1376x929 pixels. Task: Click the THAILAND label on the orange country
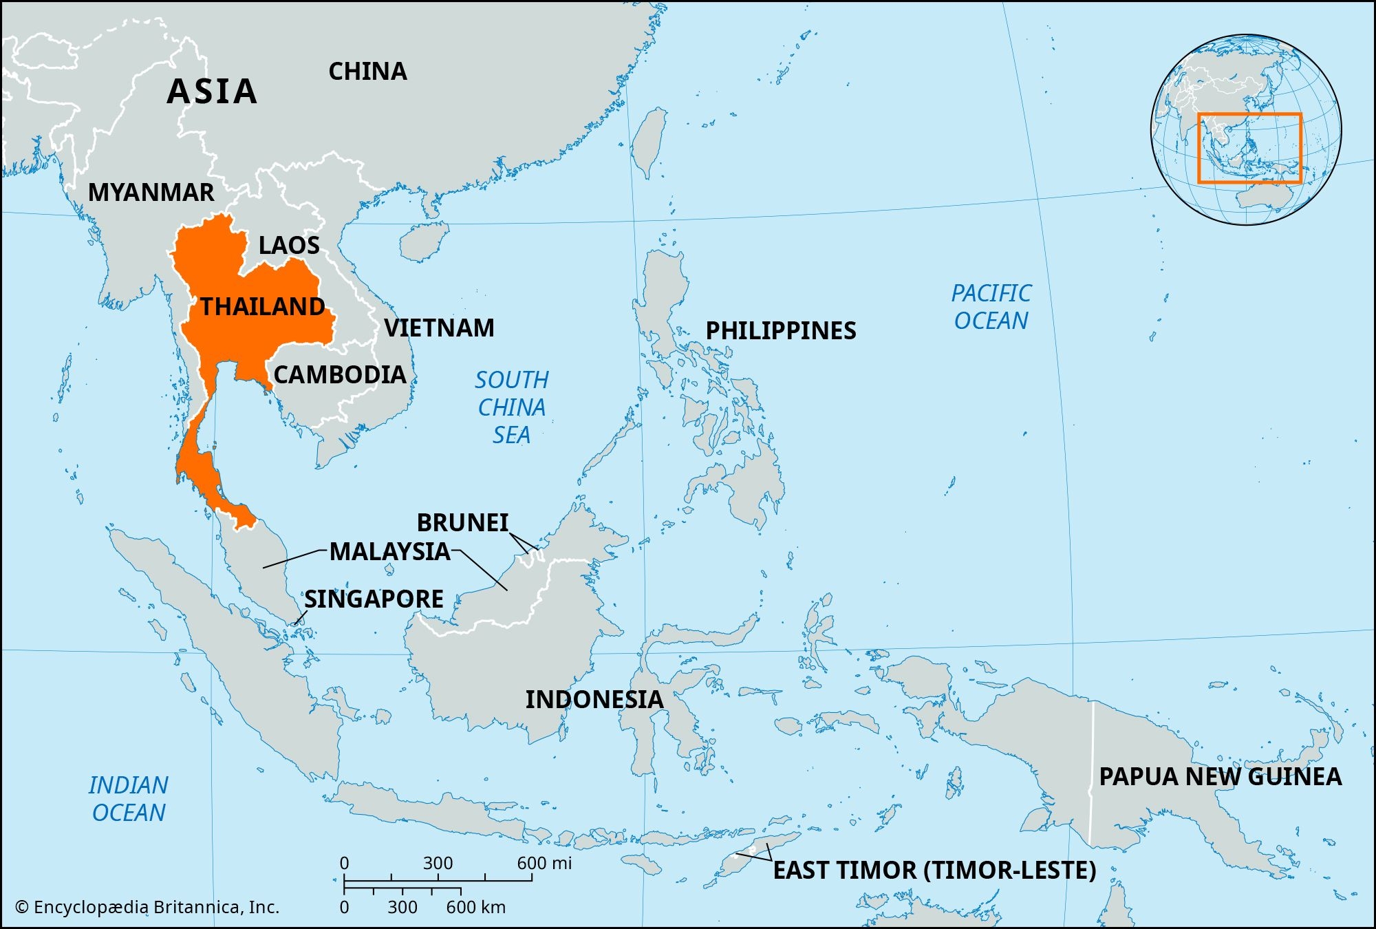click(x=262, y=306)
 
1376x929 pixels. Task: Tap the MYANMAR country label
click(x=151, y=193)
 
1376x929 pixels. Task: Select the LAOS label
click(x=289, y=246)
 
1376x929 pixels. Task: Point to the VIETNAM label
click(x=439, y=328)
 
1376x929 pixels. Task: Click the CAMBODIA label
click(x=340, y=375)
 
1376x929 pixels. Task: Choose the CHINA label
click(x=367, y=72)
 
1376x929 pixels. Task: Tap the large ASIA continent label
click(x=212, y=92)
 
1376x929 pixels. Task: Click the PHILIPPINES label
click(x=781, y=331)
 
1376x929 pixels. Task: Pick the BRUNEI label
click(x=462, y=523)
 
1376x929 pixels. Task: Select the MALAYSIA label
click(x=389, y=552)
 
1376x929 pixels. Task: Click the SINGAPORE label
click(x=374, y=599)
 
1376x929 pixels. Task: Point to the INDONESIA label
click(x=594, y=700)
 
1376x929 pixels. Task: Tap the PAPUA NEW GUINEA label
click(x=1220, y=777)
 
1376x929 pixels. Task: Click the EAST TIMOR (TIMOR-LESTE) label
click(x=934, y=871)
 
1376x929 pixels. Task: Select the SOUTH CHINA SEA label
click(x=512, y=407)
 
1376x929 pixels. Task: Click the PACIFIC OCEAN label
click(x=991, y=307)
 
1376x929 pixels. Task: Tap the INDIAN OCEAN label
click(x=129, y=799)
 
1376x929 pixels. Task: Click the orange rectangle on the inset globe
click(x=1249, y=114)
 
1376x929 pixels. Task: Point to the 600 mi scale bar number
click(x=544, y=864)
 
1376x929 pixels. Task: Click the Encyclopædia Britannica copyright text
click(x=147, y=908)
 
